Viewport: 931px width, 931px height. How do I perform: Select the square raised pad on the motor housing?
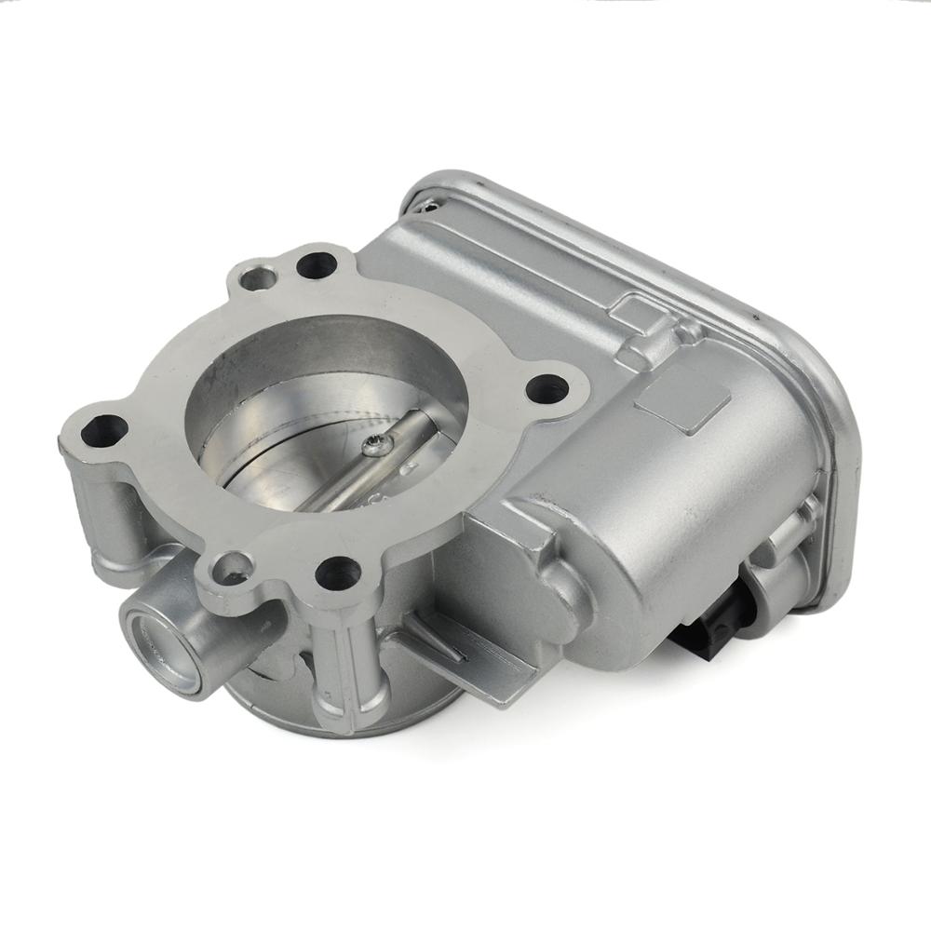point(681,401)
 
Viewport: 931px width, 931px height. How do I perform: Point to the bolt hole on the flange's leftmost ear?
point(103,431)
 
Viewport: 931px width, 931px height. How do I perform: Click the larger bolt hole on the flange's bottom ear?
point(337,573)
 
